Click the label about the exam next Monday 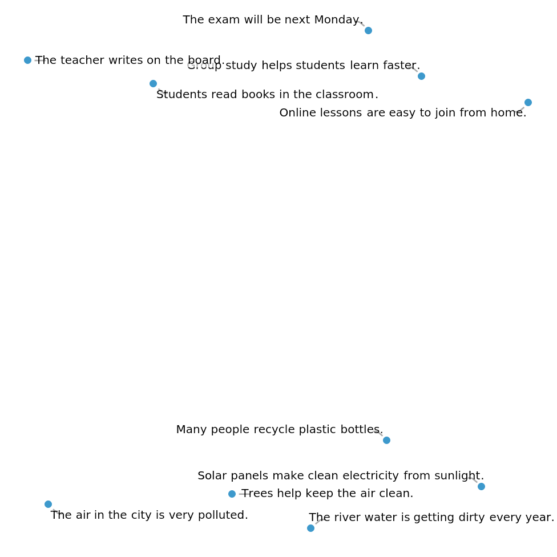click(x=273, y=20)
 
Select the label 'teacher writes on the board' click(x=130, y=60)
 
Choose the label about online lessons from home click(x=403, y=113)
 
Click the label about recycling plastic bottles click(x=280, y=430)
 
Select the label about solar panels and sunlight click(x=341, y=476)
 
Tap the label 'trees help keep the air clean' click(x=328, y=494)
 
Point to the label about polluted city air click(x=150, y=515)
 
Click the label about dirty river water click(x=432, y=518)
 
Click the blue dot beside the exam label click(x=368, y=30)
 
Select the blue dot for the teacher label click(x=27, y=60)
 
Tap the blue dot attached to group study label click(x=421, y=76)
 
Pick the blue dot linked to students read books click(x=153, y=84)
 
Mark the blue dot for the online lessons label click(x=528, y=102)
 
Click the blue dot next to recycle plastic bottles click(x=386, y=440)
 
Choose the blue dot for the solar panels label click(x=481, y=486)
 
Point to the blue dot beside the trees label click(x=232, y=494)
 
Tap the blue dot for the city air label click(x=48, y=504)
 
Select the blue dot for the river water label click(x=310, y=528)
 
